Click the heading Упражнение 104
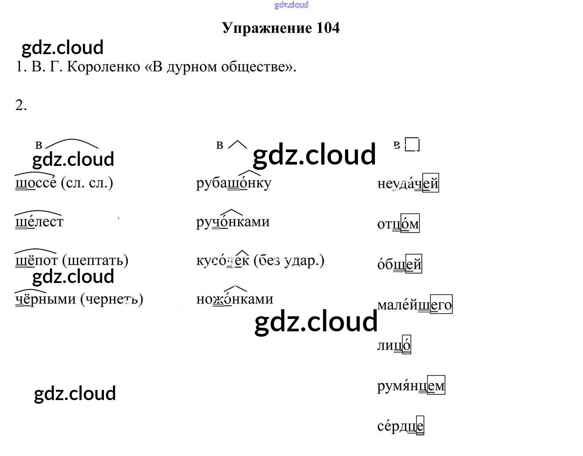click(x=281, y=28)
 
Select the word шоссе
click(x=36, y=183)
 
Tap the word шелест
click(x=39, y=221)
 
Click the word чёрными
click(x=45, y=299)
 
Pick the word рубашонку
click(x=234, y=183)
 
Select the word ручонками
click(x=233, y=221)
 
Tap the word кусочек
click(x=222, y=260)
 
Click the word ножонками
click(x=234, y=299)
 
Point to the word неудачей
click(x=408, y=183)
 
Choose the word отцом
click(x=398, y=224)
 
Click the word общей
click(x=399, y=264)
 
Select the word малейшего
click(x=414, y=305)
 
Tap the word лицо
click(x=394, y=345)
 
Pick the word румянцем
click(x=411, y=386)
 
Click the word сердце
click(x=400, y=426)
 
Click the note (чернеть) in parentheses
click(x=112, y=299)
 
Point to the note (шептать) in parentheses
click(x=95, y=260)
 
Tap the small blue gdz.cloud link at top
click(x=291, y=5)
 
